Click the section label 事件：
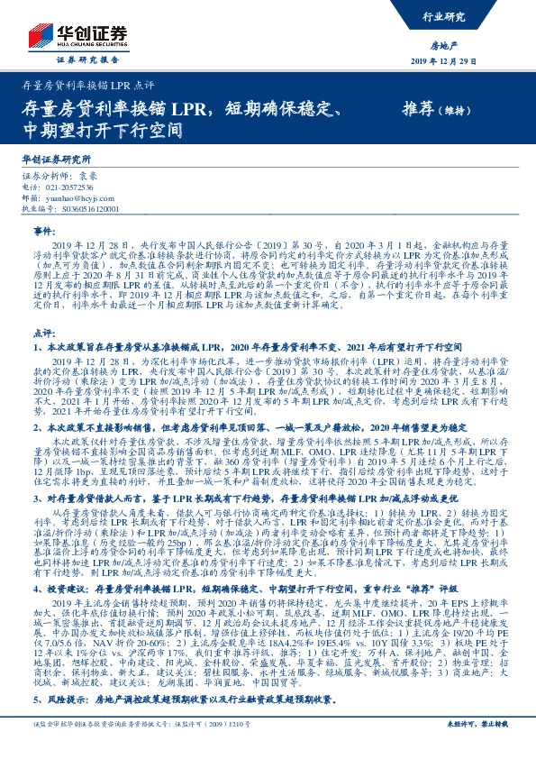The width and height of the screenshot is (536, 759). click(44, 231)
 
